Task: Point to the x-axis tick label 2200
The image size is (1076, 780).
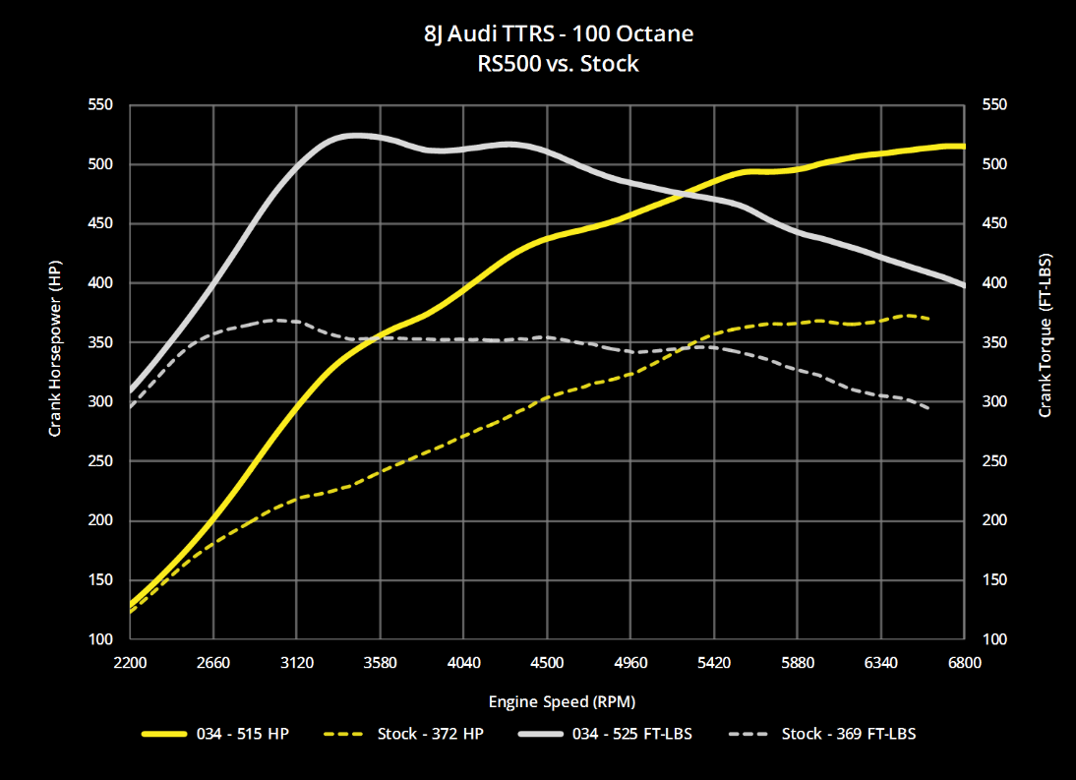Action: [x=130, y=662]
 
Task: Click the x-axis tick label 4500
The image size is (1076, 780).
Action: [x=547, y=662]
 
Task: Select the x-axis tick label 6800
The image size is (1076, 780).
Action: [x=964, y=662]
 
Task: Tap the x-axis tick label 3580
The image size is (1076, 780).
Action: [x=380, y=662]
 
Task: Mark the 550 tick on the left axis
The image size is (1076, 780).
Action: [x=101, y=104]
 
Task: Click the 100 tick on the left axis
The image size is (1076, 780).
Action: [x=101, y=639]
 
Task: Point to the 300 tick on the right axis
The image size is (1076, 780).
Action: [x=993, y=401]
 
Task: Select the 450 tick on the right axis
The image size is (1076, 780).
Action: [x=993, y=223]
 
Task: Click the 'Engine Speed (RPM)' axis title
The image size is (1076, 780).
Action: [x=547, y=701]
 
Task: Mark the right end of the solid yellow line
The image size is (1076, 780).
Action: [x=963, y=146]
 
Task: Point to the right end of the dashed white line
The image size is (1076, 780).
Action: [x=929, y=407]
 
